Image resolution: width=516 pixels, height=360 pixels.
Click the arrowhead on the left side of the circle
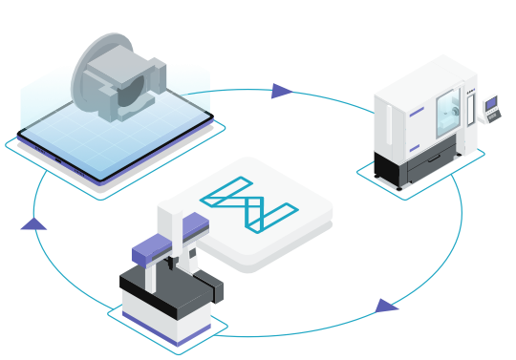(33, 223)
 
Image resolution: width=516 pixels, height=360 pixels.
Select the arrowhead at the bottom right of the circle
(386, 306)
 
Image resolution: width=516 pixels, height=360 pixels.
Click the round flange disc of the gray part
(96, 72)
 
